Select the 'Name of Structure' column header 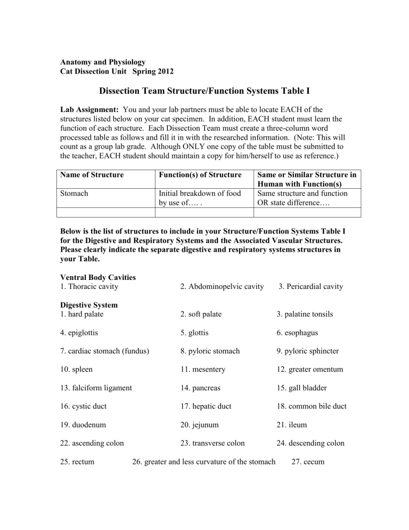tap(92, 174)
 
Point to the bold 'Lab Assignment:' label tap(85, 109)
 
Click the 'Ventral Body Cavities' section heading tap(99, 277)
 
